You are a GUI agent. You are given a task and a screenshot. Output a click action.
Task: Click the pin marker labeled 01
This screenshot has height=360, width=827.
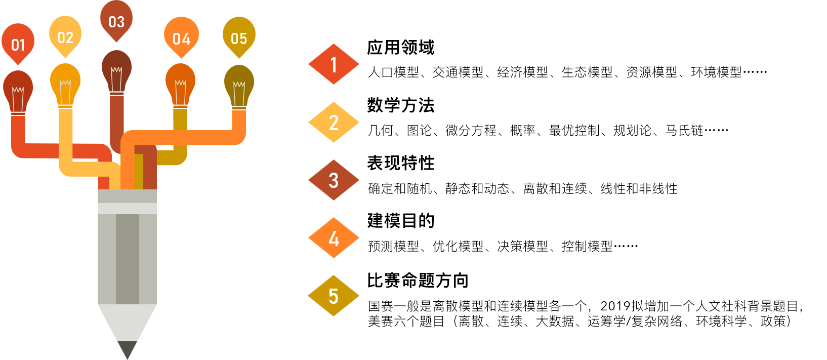pyautogui.click(x=18, y=44)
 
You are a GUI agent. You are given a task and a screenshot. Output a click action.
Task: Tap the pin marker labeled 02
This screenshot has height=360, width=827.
pyautogui.click(x=65, y=36)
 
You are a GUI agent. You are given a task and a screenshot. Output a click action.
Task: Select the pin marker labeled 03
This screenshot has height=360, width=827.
pyautogui.click(x=116, y=21)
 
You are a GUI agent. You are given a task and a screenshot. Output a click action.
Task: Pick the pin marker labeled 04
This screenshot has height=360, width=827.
pyautogui.click(x=181, y=37)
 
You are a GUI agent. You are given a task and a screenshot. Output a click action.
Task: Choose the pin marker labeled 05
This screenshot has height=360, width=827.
pyautogui.click(x=239, y=37)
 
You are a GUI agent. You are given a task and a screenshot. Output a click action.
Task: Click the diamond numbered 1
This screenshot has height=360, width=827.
pyautogui.click(x=334, y=64)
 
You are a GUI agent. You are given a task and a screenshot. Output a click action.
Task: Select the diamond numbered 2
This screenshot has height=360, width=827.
pyautogui.click(x=334, y=123)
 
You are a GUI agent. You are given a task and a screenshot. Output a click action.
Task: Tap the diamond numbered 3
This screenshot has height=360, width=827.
pyautogui.click(x=334, y=180)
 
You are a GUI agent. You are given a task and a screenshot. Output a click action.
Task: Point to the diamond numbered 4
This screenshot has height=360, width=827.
pyautogui.click(x=334, y=238)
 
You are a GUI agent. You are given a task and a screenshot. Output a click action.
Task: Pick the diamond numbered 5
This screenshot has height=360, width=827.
pyautogui.click(x=334, y=296)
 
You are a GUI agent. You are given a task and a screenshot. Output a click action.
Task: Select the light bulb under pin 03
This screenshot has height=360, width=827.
pyautogui.click(x=117, y=71)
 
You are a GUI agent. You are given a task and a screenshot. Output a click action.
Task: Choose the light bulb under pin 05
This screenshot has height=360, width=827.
pyautogui.click(x=239, y=86)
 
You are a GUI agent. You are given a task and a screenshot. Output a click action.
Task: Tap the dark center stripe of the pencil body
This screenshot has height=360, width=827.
pyautogui.click(x=128, y=258)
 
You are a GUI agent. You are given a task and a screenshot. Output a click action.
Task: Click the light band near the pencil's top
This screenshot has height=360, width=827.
pyautogui.click(x=127, y=209)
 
